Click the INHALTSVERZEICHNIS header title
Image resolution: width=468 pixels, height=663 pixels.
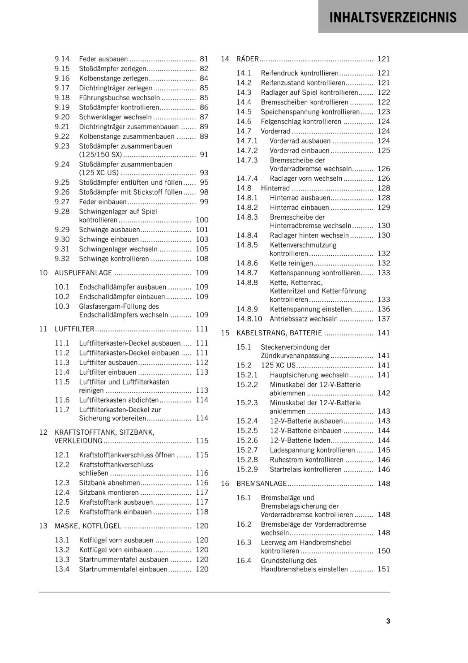click(393, 17)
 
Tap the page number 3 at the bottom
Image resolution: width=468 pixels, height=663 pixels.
click(388, 621)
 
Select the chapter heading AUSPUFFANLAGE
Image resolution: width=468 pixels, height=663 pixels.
click(83, 273)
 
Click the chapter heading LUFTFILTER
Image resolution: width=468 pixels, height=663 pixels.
click(75, 329)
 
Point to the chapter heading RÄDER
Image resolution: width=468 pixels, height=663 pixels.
click(247, 59)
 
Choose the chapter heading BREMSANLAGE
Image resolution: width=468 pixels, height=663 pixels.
click(261, 483)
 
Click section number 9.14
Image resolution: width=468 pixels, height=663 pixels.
click(62, 59)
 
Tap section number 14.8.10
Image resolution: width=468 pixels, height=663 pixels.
click(249, 319)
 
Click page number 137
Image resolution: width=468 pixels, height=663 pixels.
click(384, 319)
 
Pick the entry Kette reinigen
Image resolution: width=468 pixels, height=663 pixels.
click(291, 263)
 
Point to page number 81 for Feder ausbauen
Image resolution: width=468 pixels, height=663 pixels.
click(204, 59)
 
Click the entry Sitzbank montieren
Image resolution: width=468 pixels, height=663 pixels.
click(109, 492)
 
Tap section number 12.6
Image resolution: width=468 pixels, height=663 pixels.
click(62, 512)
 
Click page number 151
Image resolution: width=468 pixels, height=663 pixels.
click(384, 569)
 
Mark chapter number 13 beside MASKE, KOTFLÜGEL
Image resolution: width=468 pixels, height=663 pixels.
click(43, 526)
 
